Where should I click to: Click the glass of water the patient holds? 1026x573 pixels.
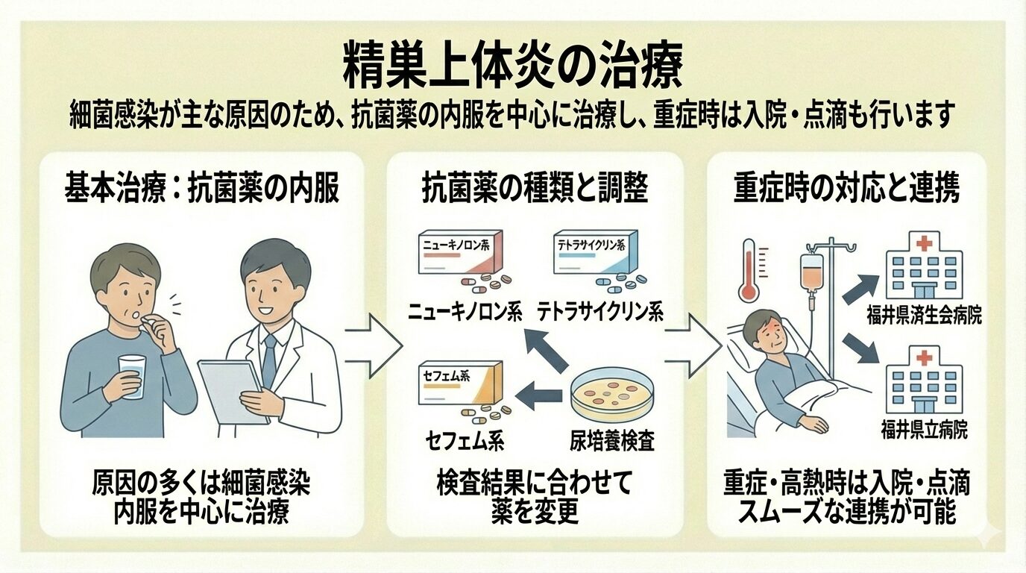click(x=132, y=375)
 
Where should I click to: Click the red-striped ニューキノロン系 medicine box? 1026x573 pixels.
click(x=459, y=255)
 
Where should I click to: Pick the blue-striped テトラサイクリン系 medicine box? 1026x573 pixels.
click(x=597, y=255)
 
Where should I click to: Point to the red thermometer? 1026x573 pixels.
click(x=749, y=270)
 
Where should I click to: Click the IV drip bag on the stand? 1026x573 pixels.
click(x=809, y=277)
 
